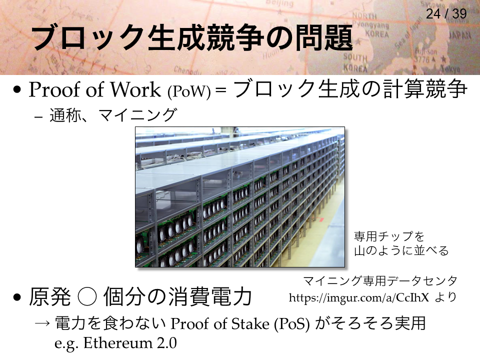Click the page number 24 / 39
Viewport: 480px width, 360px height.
click(x=446, y=13)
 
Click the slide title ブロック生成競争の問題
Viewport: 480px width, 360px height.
click(x=192, y=38)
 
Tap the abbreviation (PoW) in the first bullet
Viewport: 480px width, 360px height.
click(x=189, y=91)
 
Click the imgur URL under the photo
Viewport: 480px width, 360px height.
click(x=359, y=297)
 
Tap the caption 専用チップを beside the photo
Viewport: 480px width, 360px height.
click(x=389, y=236)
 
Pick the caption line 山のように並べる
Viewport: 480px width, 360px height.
click(x=401, y=250)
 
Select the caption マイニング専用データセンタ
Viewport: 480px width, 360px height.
click(x=380, y=280)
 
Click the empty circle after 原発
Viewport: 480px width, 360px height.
click(x=87, y=296)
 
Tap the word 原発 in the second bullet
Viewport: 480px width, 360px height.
click(x=49, y=296)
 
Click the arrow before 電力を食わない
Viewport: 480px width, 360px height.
click(x=42, y=323)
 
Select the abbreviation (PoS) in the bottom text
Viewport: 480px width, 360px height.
click(x=292, y=324)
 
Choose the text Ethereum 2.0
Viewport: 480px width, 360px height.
click(x=130, y=343)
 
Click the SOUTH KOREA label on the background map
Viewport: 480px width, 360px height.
click(x=355, y=62)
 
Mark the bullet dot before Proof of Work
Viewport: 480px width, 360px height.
click(x=17, y=90)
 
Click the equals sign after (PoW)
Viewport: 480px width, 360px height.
click(x=220, y=90)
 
